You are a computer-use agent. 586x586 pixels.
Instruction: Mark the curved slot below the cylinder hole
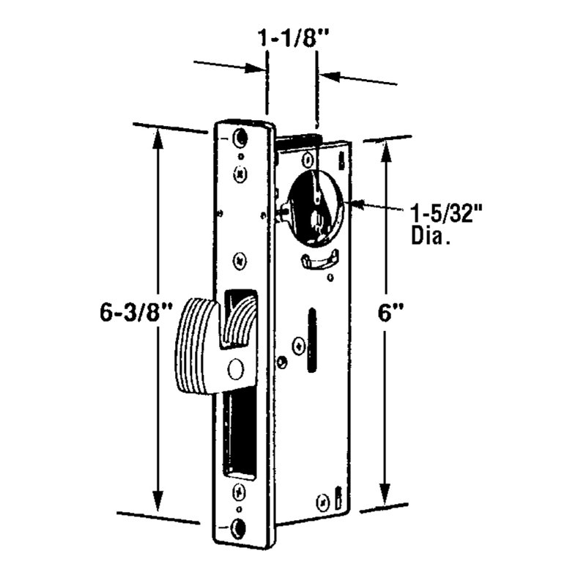[320, 259]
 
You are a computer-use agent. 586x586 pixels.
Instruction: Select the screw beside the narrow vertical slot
[299, 345]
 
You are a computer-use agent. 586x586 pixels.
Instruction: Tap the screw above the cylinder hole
[308, 159]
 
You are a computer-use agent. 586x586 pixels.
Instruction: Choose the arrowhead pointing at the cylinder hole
[357, 204]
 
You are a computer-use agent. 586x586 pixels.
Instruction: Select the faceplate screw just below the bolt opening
[239, 489]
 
